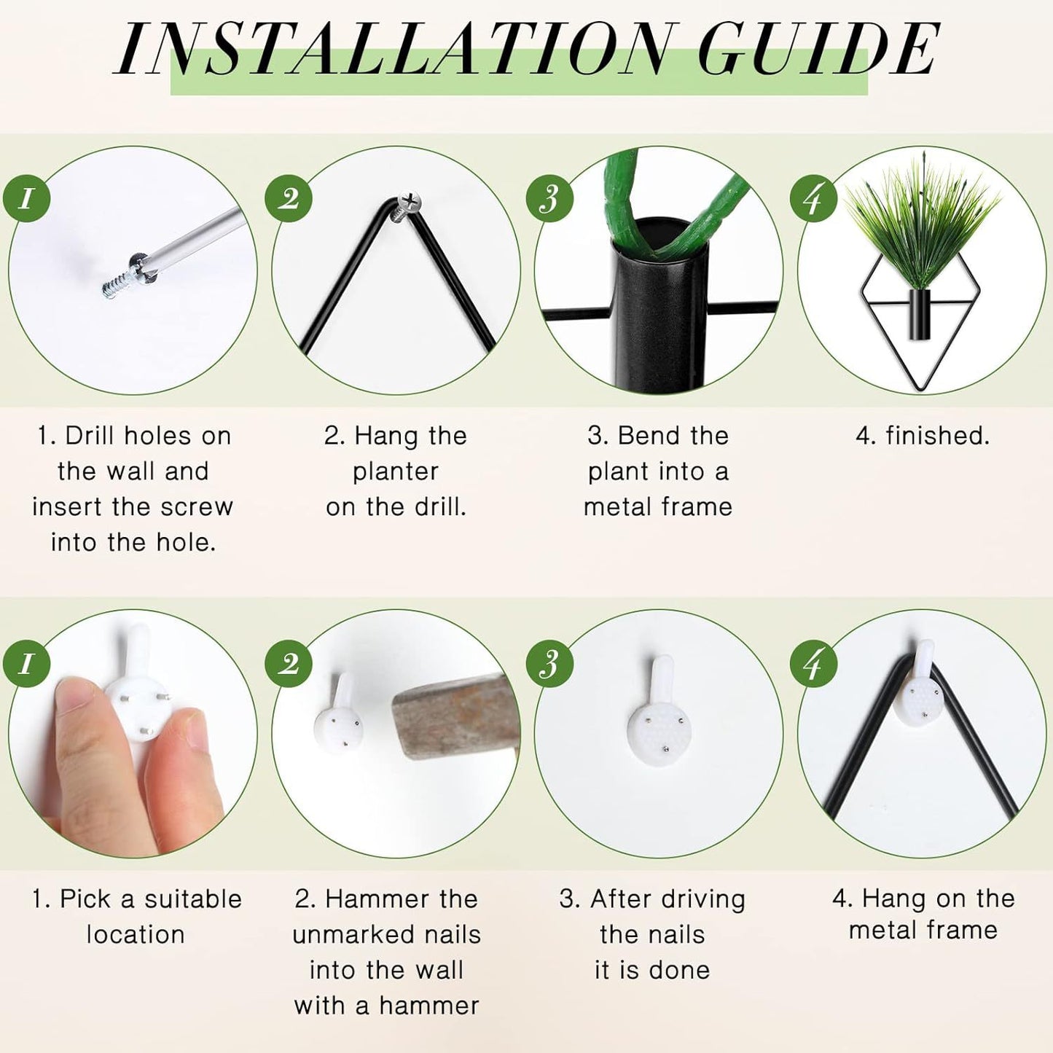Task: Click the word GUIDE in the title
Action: pos(818,50)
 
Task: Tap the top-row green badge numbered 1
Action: pos(26,199)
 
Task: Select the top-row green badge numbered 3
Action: pos(549,199)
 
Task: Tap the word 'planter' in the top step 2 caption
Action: pos(396,472)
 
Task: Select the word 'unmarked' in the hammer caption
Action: pos(355,934)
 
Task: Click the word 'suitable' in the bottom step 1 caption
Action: pos(193,899)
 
